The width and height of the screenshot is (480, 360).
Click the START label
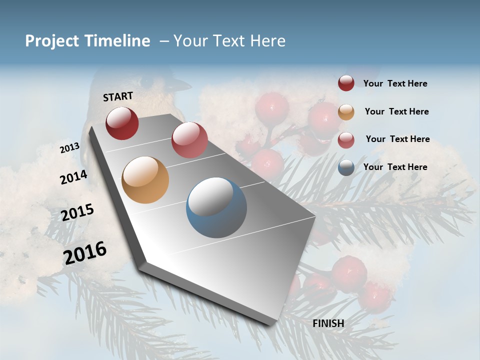point(118,96)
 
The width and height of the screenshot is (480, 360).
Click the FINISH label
point(328,323)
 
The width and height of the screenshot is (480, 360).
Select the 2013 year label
point(69,148)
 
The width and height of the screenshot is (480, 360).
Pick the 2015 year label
point(77,212)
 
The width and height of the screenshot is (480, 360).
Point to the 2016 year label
point(85,253)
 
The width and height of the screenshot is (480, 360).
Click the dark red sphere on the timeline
point(122,123)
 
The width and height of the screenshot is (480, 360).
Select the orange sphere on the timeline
point(145,180)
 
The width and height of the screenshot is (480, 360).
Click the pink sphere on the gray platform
point(189,140)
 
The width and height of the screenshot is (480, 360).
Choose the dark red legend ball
point(346,83)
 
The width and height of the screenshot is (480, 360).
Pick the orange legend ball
point(346,112)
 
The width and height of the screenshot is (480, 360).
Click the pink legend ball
point(346,139)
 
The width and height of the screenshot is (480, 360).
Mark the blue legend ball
point(346,167)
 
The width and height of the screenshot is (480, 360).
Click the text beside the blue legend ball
point(395,167)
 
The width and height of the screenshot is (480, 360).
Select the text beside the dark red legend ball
point(395,83)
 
